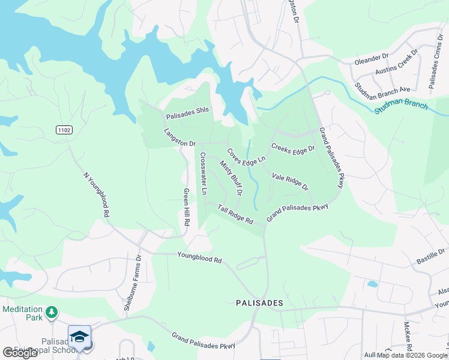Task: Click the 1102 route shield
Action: [x=65, y=130]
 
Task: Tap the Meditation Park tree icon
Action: [x=52, y=311]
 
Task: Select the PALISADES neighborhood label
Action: [x=259, y=304]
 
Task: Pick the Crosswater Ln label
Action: [x=203, y=173]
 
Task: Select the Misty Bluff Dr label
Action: [x=231, y=178]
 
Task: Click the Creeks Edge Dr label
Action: [x=293, y=148]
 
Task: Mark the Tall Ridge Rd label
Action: [x=235, y=214]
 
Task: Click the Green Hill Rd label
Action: [x=187, y=207]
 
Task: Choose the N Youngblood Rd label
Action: [x=96, y=194]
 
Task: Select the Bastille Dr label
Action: [x=430, y=256]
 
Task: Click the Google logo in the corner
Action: [x=20, y=353]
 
